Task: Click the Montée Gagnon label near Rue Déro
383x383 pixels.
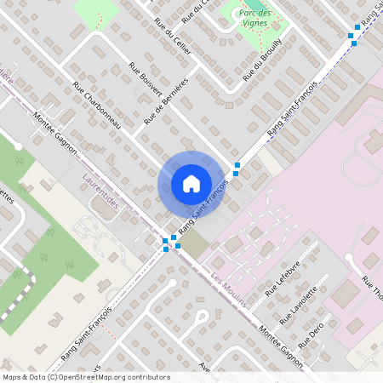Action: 282,346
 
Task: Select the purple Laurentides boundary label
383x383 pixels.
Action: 102,192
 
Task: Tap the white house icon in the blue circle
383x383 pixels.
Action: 191,184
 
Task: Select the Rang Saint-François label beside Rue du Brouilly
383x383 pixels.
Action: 291,107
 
